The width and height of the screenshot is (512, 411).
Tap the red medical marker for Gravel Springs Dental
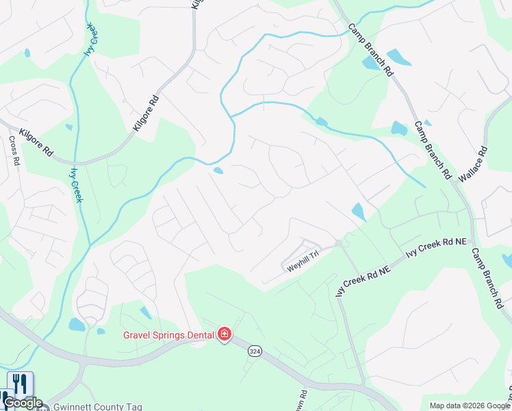point(225,334)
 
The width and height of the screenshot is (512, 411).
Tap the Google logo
point(23,403)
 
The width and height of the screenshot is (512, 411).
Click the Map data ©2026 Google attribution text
point(470,406)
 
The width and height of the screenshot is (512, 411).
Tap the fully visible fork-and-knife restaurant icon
point(20,384)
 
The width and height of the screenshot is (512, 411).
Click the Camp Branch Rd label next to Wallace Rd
point(433,151)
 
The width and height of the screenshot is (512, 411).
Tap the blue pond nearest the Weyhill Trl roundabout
point(358,212)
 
